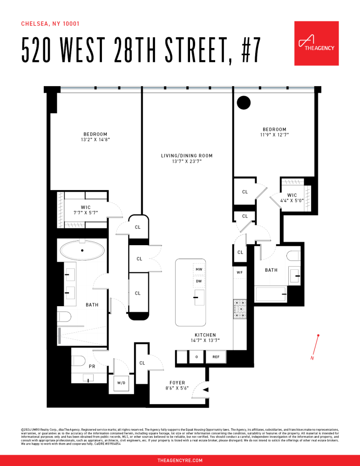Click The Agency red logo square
click(316, 43)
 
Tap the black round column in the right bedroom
click(244, 102)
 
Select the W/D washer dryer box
click(121, 383)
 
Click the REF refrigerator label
click(216, 357)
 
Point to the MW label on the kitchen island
click(199, 270)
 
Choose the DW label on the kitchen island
click(199, 281)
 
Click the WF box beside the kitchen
click(239, 272)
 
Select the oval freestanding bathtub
click(82, 250)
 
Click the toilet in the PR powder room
click(79, 360)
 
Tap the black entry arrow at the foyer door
click(206, 390)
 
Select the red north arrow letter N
click(312, 358)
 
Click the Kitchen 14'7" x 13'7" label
click(205, 338)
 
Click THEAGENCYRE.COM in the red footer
click(180, 460)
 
